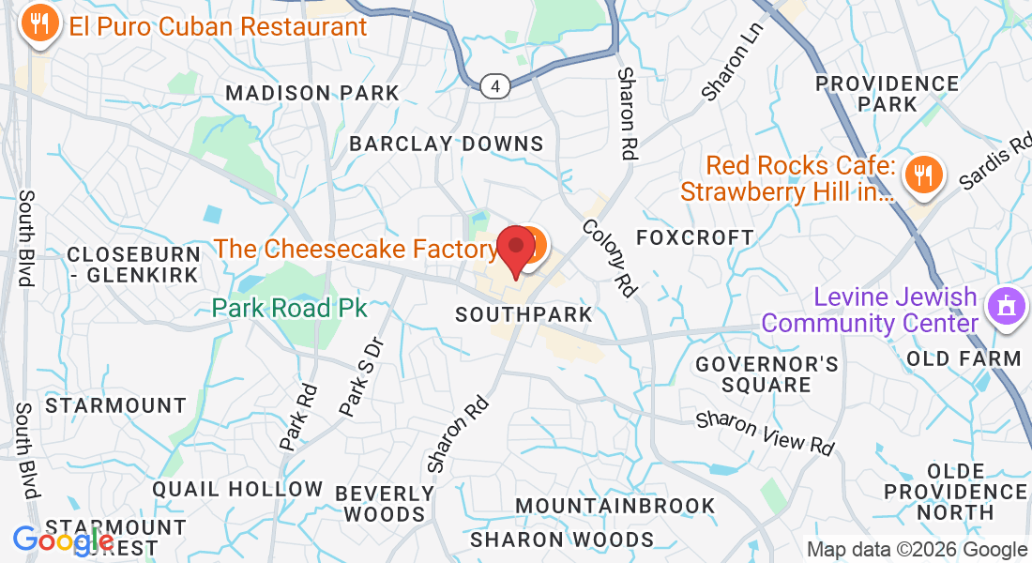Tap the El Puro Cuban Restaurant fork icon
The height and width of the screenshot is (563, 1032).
tap(39, 24)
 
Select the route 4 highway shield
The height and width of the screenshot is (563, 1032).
tap(496, 86)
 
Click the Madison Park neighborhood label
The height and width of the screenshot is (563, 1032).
tap(312, 93)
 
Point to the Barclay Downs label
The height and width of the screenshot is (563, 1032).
tap(447, 144)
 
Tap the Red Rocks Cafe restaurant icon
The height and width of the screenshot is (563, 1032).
tap(924, 175)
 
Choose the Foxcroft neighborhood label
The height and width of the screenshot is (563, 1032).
tap(695, 237)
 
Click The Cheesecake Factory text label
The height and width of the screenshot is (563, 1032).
tap(356, 249)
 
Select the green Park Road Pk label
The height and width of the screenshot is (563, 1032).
tap(289, 308)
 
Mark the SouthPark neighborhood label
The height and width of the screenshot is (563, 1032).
tap(524, 314)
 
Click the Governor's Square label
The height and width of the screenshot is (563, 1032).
tap(767, 373)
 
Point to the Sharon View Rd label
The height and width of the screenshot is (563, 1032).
tap(766, 433)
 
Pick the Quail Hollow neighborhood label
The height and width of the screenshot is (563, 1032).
tap(237, 489)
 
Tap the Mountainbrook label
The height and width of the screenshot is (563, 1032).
tap(615, 506)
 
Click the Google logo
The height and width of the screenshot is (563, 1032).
tap(63, 540)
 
